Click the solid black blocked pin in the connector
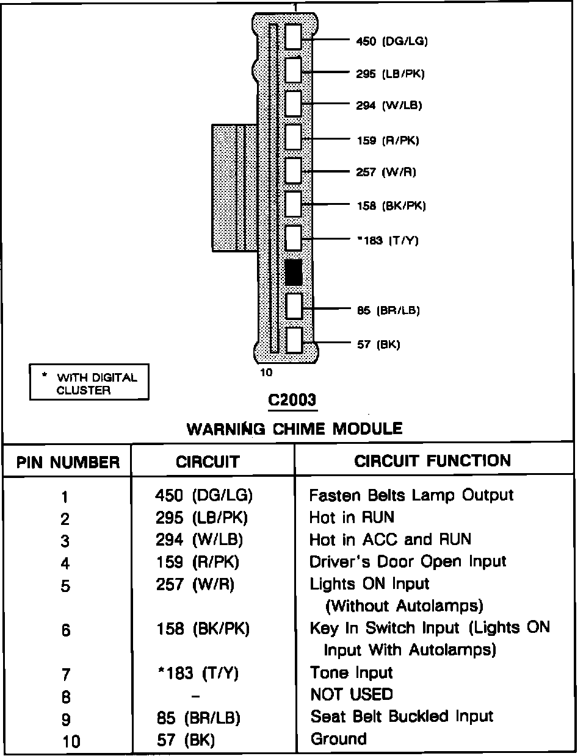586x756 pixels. click(x=294, y=273)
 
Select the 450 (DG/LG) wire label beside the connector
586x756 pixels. click(x=391, y=41)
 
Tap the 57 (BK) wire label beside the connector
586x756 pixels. click(x=378, y=344)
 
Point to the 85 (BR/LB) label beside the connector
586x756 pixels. click(x=388, y=310)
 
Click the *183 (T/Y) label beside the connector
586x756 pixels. click(x=387, y=240)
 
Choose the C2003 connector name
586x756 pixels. click(x=292, y=400)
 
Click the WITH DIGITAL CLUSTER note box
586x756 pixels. click(x=89, y=383)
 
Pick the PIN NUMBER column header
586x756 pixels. click(x=68, y=462)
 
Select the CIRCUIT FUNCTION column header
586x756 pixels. click(x=432, y=460)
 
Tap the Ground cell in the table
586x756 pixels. click(x=338, y=739)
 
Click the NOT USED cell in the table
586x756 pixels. click(x=351, y=694)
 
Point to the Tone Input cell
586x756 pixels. click(x=351, y=672)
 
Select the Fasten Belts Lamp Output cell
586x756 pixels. click(x=411, y=495)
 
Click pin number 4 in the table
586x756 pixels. click(x=65, y=563)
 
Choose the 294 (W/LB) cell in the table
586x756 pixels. click(x=199, y=540)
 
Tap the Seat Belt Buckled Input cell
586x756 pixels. click(x=401, y=716)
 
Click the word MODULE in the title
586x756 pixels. click(x=367, y=429)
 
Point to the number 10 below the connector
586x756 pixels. click(x=267, y=373)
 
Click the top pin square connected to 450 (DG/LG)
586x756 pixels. click(x=294, y=37)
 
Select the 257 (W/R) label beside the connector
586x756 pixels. click(x=386, y=172)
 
